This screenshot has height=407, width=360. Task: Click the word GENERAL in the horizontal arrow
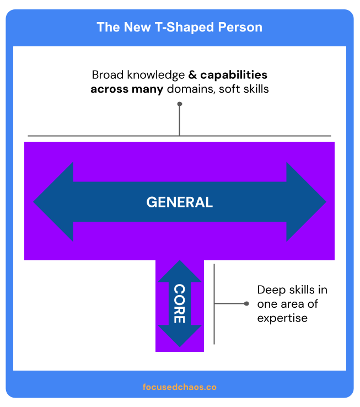coord(179,202)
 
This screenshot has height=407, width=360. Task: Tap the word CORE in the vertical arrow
coord(180,303)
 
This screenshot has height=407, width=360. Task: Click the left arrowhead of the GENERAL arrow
coord(53,202)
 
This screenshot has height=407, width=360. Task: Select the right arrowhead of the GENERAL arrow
coord(307,202)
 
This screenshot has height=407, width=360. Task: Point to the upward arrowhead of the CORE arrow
coord(180,272)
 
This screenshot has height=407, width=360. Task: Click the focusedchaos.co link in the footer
coord(180,387)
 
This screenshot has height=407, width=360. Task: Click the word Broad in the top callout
coord(106,75)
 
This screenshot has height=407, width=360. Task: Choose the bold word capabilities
coord(234,75)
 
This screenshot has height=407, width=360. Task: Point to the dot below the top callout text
coord(180,104)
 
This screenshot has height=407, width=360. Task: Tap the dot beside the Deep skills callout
coord(246,303)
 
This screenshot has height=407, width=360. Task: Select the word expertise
coord(282,318)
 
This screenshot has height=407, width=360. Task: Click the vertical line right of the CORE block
coord(214,303)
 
